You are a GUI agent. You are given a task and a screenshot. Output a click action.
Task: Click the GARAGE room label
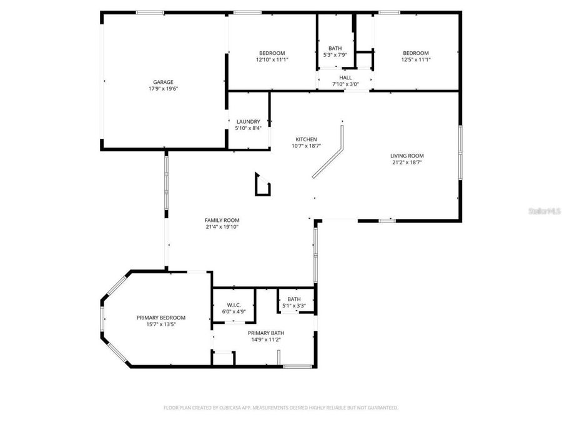click(x=163, y=82)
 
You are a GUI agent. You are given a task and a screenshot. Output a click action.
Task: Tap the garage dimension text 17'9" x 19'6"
click(x=163, y=89)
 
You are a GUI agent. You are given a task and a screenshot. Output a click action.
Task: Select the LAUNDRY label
click(x=248, y=121)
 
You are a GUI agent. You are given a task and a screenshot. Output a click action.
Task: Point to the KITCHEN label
click(x=306, y=139)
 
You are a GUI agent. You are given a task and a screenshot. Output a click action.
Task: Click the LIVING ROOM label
click(x=407, y=156)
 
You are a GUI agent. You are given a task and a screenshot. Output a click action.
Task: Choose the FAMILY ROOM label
click(x=222, y=220)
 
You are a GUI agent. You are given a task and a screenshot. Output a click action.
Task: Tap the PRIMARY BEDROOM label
click(x=160, y=318)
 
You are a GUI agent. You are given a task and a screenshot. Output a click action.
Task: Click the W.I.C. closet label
click(x=234, y=304)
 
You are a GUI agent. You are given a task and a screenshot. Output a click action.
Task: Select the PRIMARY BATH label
click(x=265, y=333)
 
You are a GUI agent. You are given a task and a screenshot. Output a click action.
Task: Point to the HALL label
click(x=345, y=78)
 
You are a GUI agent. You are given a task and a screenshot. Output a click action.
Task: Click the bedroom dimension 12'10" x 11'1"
click(x=272, y=59)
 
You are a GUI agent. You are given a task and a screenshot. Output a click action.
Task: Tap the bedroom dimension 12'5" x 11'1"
click(x=415, y=59)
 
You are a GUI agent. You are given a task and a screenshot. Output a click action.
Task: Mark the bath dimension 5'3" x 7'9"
click(x=335, y=55)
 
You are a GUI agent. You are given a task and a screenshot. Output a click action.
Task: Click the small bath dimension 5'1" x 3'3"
click(x=294, y=306)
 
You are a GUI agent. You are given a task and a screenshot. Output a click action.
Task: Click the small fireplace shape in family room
click(x=262, y=186)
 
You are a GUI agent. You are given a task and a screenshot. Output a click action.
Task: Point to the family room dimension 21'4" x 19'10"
click(x=222, y=227)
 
